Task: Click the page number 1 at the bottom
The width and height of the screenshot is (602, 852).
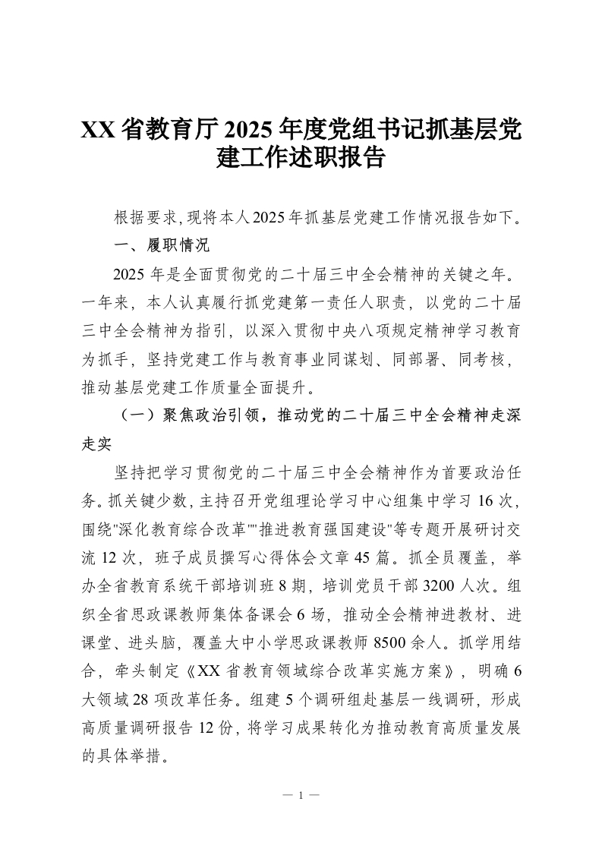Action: pyautogui.click(x=301, y=795)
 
